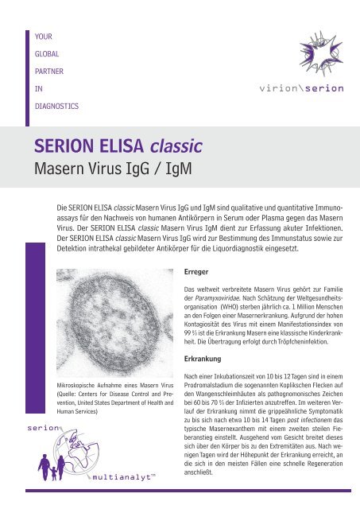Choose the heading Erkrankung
[x=203, y=359]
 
